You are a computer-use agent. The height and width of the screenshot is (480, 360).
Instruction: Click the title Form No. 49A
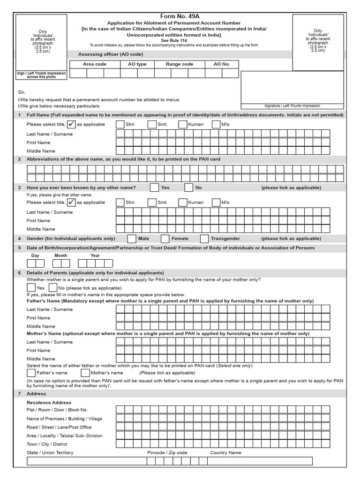pos(180,16)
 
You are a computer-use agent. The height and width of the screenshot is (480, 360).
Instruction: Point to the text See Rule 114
pos(180,40)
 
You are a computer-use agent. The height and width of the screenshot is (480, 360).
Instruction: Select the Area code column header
pos(95,64)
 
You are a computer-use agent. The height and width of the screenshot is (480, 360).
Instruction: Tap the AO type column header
pos(134,64)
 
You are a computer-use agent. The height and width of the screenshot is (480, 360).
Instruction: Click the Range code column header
pos(180,64)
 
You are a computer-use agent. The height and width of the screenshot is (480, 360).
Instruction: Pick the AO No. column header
pos(222,64)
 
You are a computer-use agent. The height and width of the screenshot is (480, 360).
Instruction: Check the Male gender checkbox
pos(132,239)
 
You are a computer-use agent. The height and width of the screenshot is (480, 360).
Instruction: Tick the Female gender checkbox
pos(165,239)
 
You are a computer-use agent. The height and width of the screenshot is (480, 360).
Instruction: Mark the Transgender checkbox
pos(204,239)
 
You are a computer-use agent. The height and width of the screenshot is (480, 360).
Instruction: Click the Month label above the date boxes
pos(61,255)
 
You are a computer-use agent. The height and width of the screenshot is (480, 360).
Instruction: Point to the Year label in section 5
pos(95,255)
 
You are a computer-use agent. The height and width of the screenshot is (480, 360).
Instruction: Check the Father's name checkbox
pos(31,373)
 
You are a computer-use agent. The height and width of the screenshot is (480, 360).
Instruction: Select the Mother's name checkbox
pos(85,373)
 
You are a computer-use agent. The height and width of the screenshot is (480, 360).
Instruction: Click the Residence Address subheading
pos(49,403)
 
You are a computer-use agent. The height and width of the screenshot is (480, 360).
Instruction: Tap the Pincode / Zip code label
pos(167,453)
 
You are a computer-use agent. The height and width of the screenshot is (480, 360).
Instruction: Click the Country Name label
pos(225,453)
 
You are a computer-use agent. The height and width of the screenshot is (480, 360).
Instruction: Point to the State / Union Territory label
pos(50,453)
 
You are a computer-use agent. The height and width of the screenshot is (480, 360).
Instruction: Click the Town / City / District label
pos(47,444)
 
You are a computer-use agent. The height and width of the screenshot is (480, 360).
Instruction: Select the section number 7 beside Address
pos(19,394)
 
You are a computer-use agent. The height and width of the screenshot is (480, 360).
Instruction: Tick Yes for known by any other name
pos(154,187)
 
